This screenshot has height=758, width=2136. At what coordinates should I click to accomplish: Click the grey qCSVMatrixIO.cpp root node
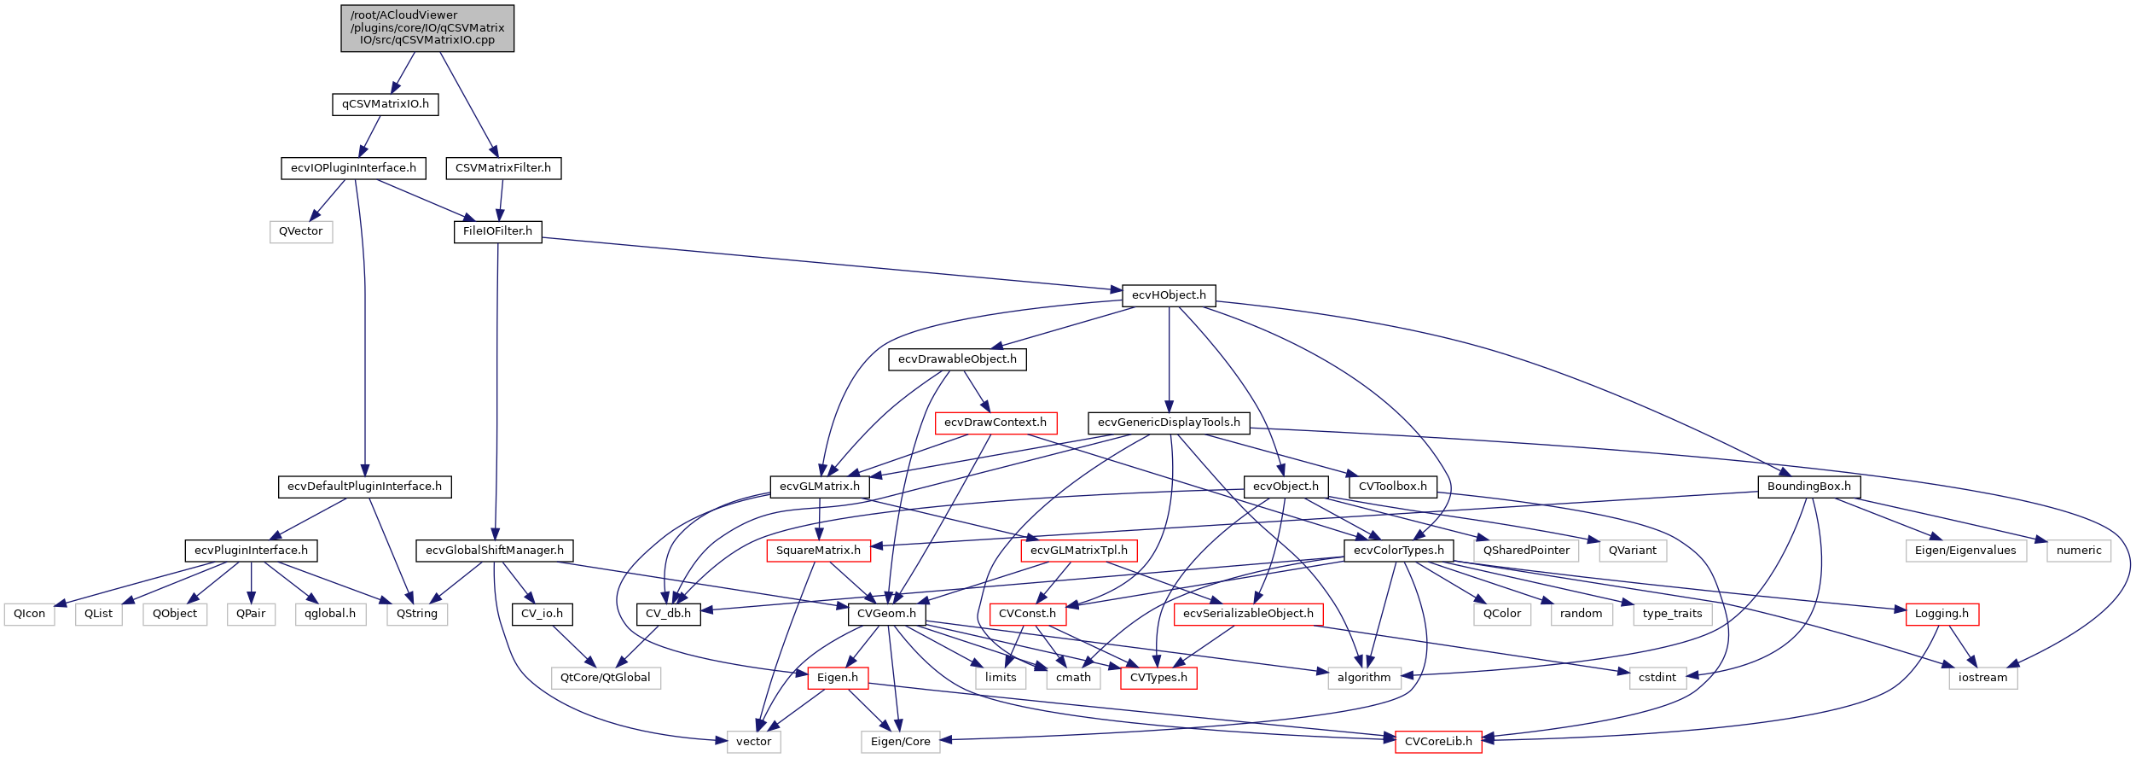(427, 28)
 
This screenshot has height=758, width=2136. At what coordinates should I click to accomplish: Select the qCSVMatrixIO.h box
(385, 104)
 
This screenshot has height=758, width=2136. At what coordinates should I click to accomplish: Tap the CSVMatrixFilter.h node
(503, 168)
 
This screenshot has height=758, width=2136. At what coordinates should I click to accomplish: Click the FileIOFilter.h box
(497, 231)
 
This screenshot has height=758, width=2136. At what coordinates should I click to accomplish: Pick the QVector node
(301, 231)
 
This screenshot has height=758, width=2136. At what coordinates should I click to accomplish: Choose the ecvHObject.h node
(1169, 295)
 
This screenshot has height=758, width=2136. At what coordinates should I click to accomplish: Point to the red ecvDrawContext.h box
(995, 423)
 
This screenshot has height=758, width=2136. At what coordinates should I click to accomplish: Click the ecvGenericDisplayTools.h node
(1169, 423)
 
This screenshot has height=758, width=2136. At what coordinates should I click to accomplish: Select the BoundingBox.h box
(1808, 487)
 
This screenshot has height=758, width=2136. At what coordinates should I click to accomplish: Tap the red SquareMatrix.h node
(819, 551)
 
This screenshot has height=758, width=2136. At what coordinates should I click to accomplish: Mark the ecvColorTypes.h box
(1398, 551)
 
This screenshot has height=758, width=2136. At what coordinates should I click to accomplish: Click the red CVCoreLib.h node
(1438, 742)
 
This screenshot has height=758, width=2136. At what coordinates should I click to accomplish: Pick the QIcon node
(30, 614)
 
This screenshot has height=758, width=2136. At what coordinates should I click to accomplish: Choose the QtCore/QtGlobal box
(606, 678)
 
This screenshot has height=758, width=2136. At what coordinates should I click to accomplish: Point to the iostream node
(1982, 678)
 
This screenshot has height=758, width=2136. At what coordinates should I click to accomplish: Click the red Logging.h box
(1942, 614)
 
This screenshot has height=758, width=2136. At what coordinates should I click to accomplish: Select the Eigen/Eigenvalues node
(1965, 551)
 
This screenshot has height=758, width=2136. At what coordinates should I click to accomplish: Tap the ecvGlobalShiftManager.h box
(495, 551)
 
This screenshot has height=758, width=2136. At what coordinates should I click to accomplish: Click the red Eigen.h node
(838, 678)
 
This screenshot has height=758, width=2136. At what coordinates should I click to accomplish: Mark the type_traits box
(1672, 614)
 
